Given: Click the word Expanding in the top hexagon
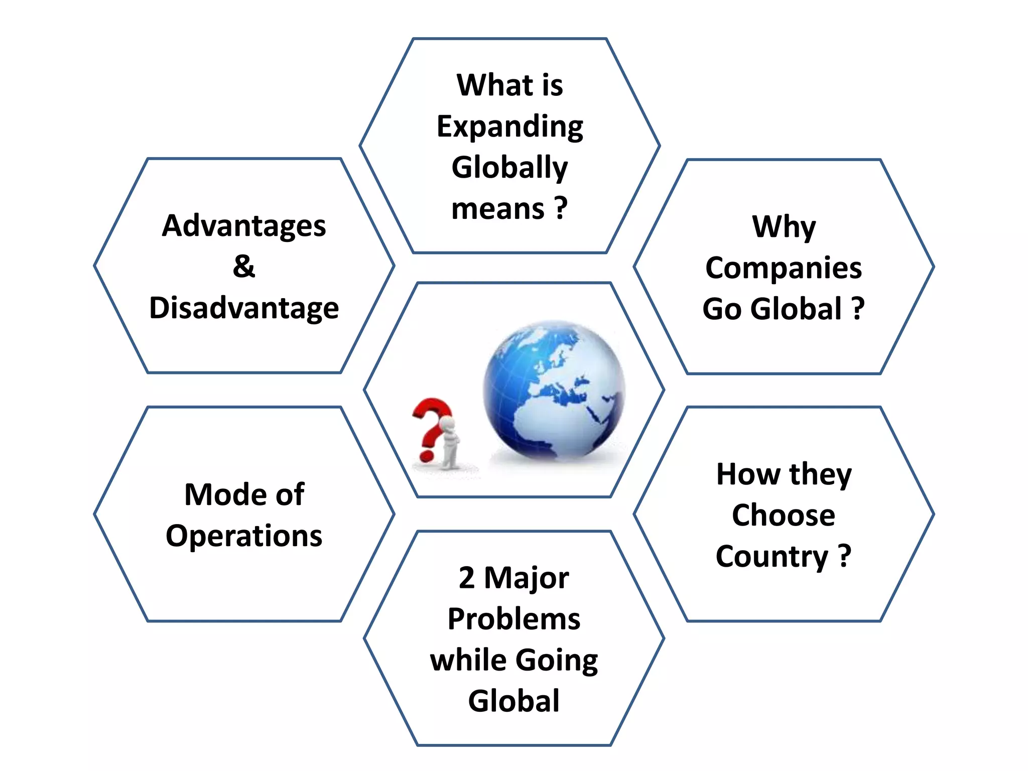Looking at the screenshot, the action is point(509,126).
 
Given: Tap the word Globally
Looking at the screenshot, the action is point(509,167).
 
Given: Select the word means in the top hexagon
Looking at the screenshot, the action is point(497,208).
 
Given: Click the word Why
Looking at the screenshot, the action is point(784,227).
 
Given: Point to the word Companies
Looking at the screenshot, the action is point(784,268).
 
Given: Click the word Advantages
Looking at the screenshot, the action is point(244,226).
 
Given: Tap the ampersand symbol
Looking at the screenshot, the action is point(244,266).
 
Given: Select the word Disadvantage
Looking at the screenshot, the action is point(244,308).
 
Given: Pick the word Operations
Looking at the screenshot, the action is point(244,536).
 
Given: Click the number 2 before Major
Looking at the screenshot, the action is point(466,578).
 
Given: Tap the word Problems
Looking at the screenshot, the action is point(514,619).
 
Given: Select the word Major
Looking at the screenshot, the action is point(527,578).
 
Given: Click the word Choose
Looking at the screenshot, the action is point(784,515).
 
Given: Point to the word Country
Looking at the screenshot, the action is point(772,557).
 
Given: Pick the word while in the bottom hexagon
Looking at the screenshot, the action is point(468,660).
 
